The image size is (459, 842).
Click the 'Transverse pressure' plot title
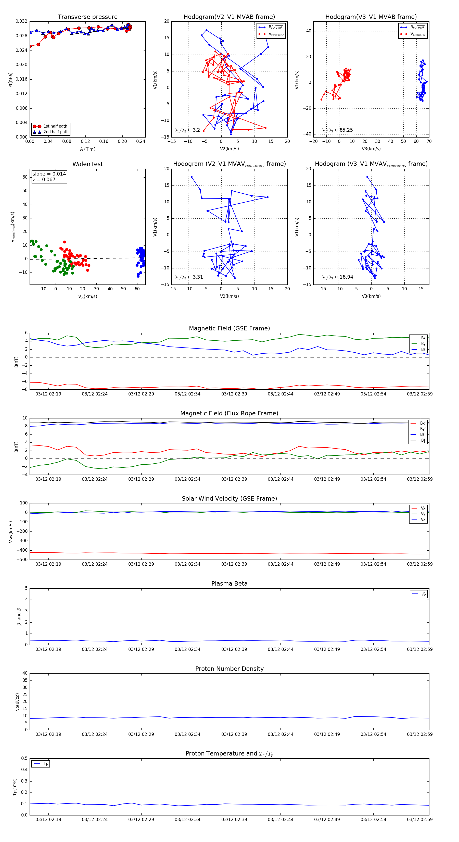[x=87, y=17]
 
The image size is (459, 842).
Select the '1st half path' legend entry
[x=55, y=126]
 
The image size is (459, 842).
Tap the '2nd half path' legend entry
[x=56, y=132]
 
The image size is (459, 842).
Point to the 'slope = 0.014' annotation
[x=49, y=174]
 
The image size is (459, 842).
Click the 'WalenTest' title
[x=87, y=164]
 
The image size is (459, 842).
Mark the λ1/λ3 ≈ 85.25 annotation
[x=337, y=130]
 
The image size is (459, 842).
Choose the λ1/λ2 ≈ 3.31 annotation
[x=189, y=277]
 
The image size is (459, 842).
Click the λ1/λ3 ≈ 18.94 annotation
[x=337, y=277]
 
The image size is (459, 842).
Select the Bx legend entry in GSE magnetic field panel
[x=423, y=338]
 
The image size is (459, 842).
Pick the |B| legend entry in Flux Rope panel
[x=422, y=440]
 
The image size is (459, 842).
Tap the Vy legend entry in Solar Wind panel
[x=423, y=514]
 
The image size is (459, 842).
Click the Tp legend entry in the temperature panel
[x=45, y=764]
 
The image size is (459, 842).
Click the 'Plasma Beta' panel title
[x=229, y=584]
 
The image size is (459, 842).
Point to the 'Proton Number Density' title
[x=229, y=669]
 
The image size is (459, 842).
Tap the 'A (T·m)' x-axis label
[x=87, y=149]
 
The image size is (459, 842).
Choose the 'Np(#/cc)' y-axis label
[x=17, y=702]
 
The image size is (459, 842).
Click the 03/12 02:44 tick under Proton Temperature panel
[x=280, y=820]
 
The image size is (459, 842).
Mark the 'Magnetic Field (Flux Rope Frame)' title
[x=229, y=414]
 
